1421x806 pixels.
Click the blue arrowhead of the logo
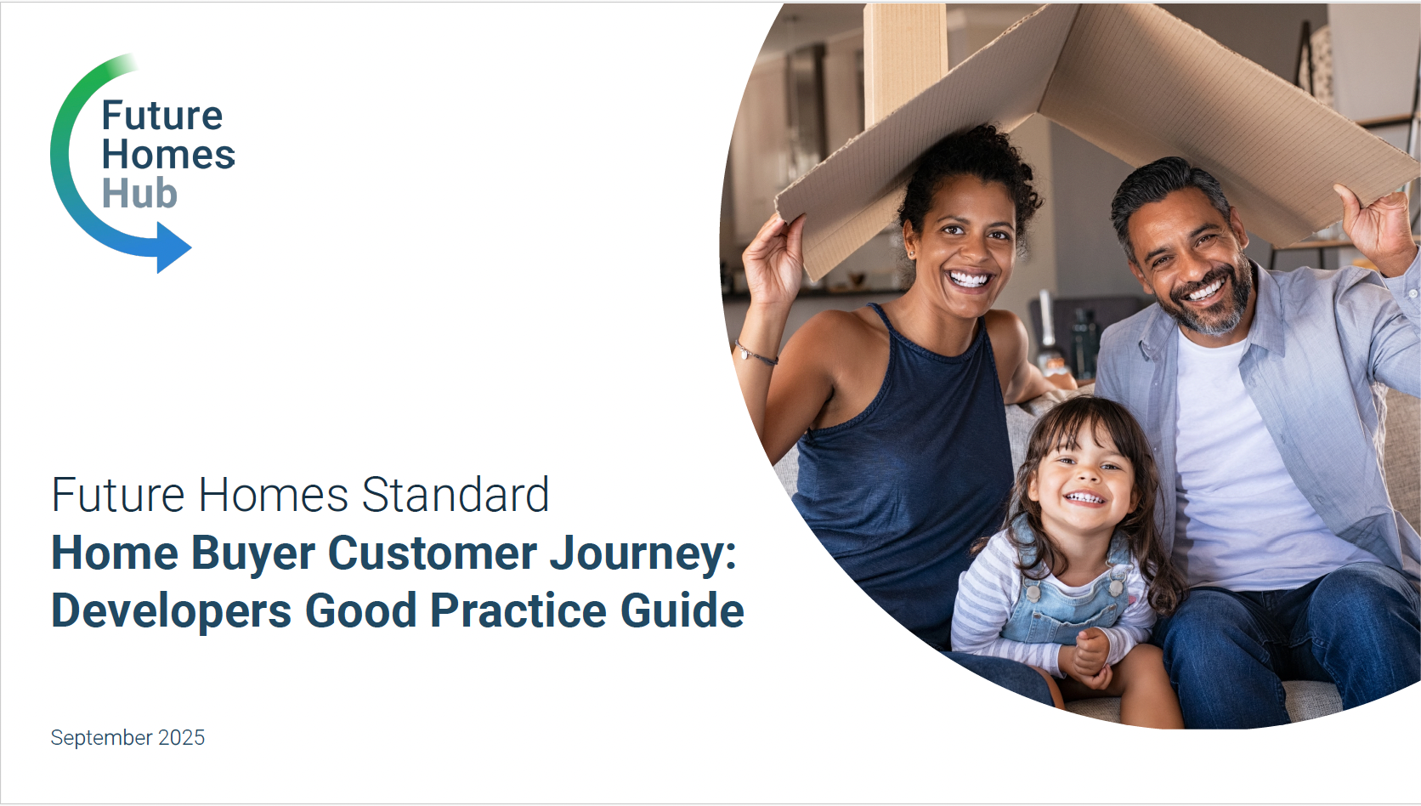(x=173, y=247)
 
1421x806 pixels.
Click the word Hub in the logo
(x=139, y=193)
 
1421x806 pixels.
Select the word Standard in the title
(x=456, y=494)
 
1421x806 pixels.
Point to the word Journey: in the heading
(x=643, y=554)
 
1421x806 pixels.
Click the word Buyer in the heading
(x=253, y=554)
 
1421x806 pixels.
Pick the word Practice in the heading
(x=518, y=610)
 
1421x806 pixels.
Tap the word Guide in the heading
(x=682, y=610)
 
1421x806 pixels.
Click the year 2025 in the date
(x=181, y=737)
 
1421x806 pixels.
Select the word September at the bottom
(x=101, y=738)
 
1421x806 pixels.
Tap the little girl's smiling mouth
(x=1084, y=498)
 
